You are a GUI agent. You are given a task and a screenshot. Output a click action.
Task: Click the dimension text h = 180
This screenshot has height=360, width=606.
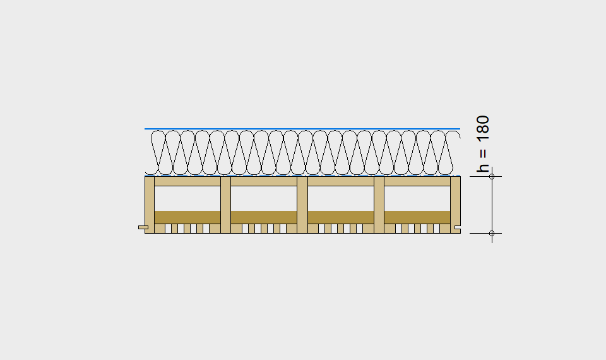pyautogui.click(x=483, y=144)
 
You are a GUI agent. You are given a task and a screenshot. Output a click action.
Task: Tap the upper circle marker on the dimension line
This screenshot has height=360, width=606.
pyautogui.click(x=492, y=177)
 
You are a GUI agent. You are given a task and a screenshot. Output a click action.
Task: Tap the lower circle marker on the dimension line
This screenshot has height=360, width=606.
pyautogui.click(x=492, y=233)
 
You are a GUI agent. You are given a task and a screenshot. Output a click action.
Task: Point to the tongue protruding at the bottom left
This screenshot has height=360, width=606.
pyautogui.click(x=143, y=227)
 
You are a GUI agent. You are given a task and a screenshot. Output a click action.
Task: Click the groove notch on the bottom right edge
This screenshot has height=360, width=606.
pyautogui.click(x=458, y=227)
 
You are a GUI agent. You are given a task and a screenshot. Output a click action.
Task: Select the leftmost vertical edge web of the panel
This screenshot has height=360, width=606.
pyautogui.click(x=150, y=205)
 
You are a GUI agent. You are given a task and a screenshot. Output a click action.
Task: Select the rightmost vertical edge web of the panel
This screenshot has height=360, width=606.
pyautogui.click(x=456, y=205)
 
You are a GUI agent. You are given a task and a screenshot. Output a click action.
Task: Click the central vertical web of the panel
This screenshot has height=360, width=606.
pyautogui.click(x=302, y=205)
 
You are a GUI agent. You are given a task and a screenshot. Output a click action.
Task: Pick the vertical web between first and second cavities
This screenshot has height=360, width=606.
pyautogui.click(x=226, y=205)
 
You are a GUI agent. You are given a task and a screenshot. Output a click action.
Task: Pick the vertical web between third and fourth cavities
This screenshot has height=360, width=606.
pyautogui.click(x=379, y=205)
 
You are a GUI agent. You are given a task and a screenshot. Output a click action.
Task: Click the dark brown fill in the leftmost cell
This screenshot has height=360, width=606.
pyautogui.click(x=187, y=217)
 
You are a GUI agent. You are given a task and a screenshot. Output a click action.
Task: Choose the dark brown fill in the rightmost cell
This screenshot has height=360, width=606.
pyautogui.click(x=417, y=217)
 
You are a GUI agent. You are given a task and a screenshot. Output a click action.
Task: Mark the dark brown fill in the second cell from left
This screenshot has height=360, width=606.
pyautogui.click(x=264, y=217)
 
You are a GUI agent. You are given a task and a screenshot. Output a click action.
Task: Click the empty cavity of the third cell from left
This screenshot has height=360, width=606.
pyautogui.click(x=340, y=198)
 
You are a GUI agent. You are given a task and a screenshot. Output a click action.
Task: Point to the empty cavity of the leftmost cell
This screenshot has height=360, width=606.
pyautogui.click(x=187, y=198)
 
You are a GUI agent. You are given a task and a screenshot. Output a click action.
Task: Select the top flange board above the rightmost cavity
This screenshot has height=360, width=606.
pyautogui.click(x=417, y=181)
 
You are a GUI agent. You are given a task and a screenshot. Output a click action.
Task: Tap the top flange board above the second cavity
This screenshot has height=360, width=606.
pyautogui.click(x=264, y=181)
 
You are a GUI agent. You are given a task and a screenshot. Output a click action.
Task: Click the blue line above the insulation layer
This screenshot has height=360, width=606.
pyautogui.click(x=302, y=129)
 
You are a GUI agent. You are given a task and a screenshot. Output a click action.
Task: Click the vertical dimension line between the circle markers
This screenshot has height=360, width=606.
pyautogui.click(x=492, y=205)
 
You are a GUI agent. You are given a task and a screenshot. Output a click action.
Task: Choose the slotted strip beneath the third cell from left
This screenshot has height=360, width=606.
pyautogui.click(x=340, y=229)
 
